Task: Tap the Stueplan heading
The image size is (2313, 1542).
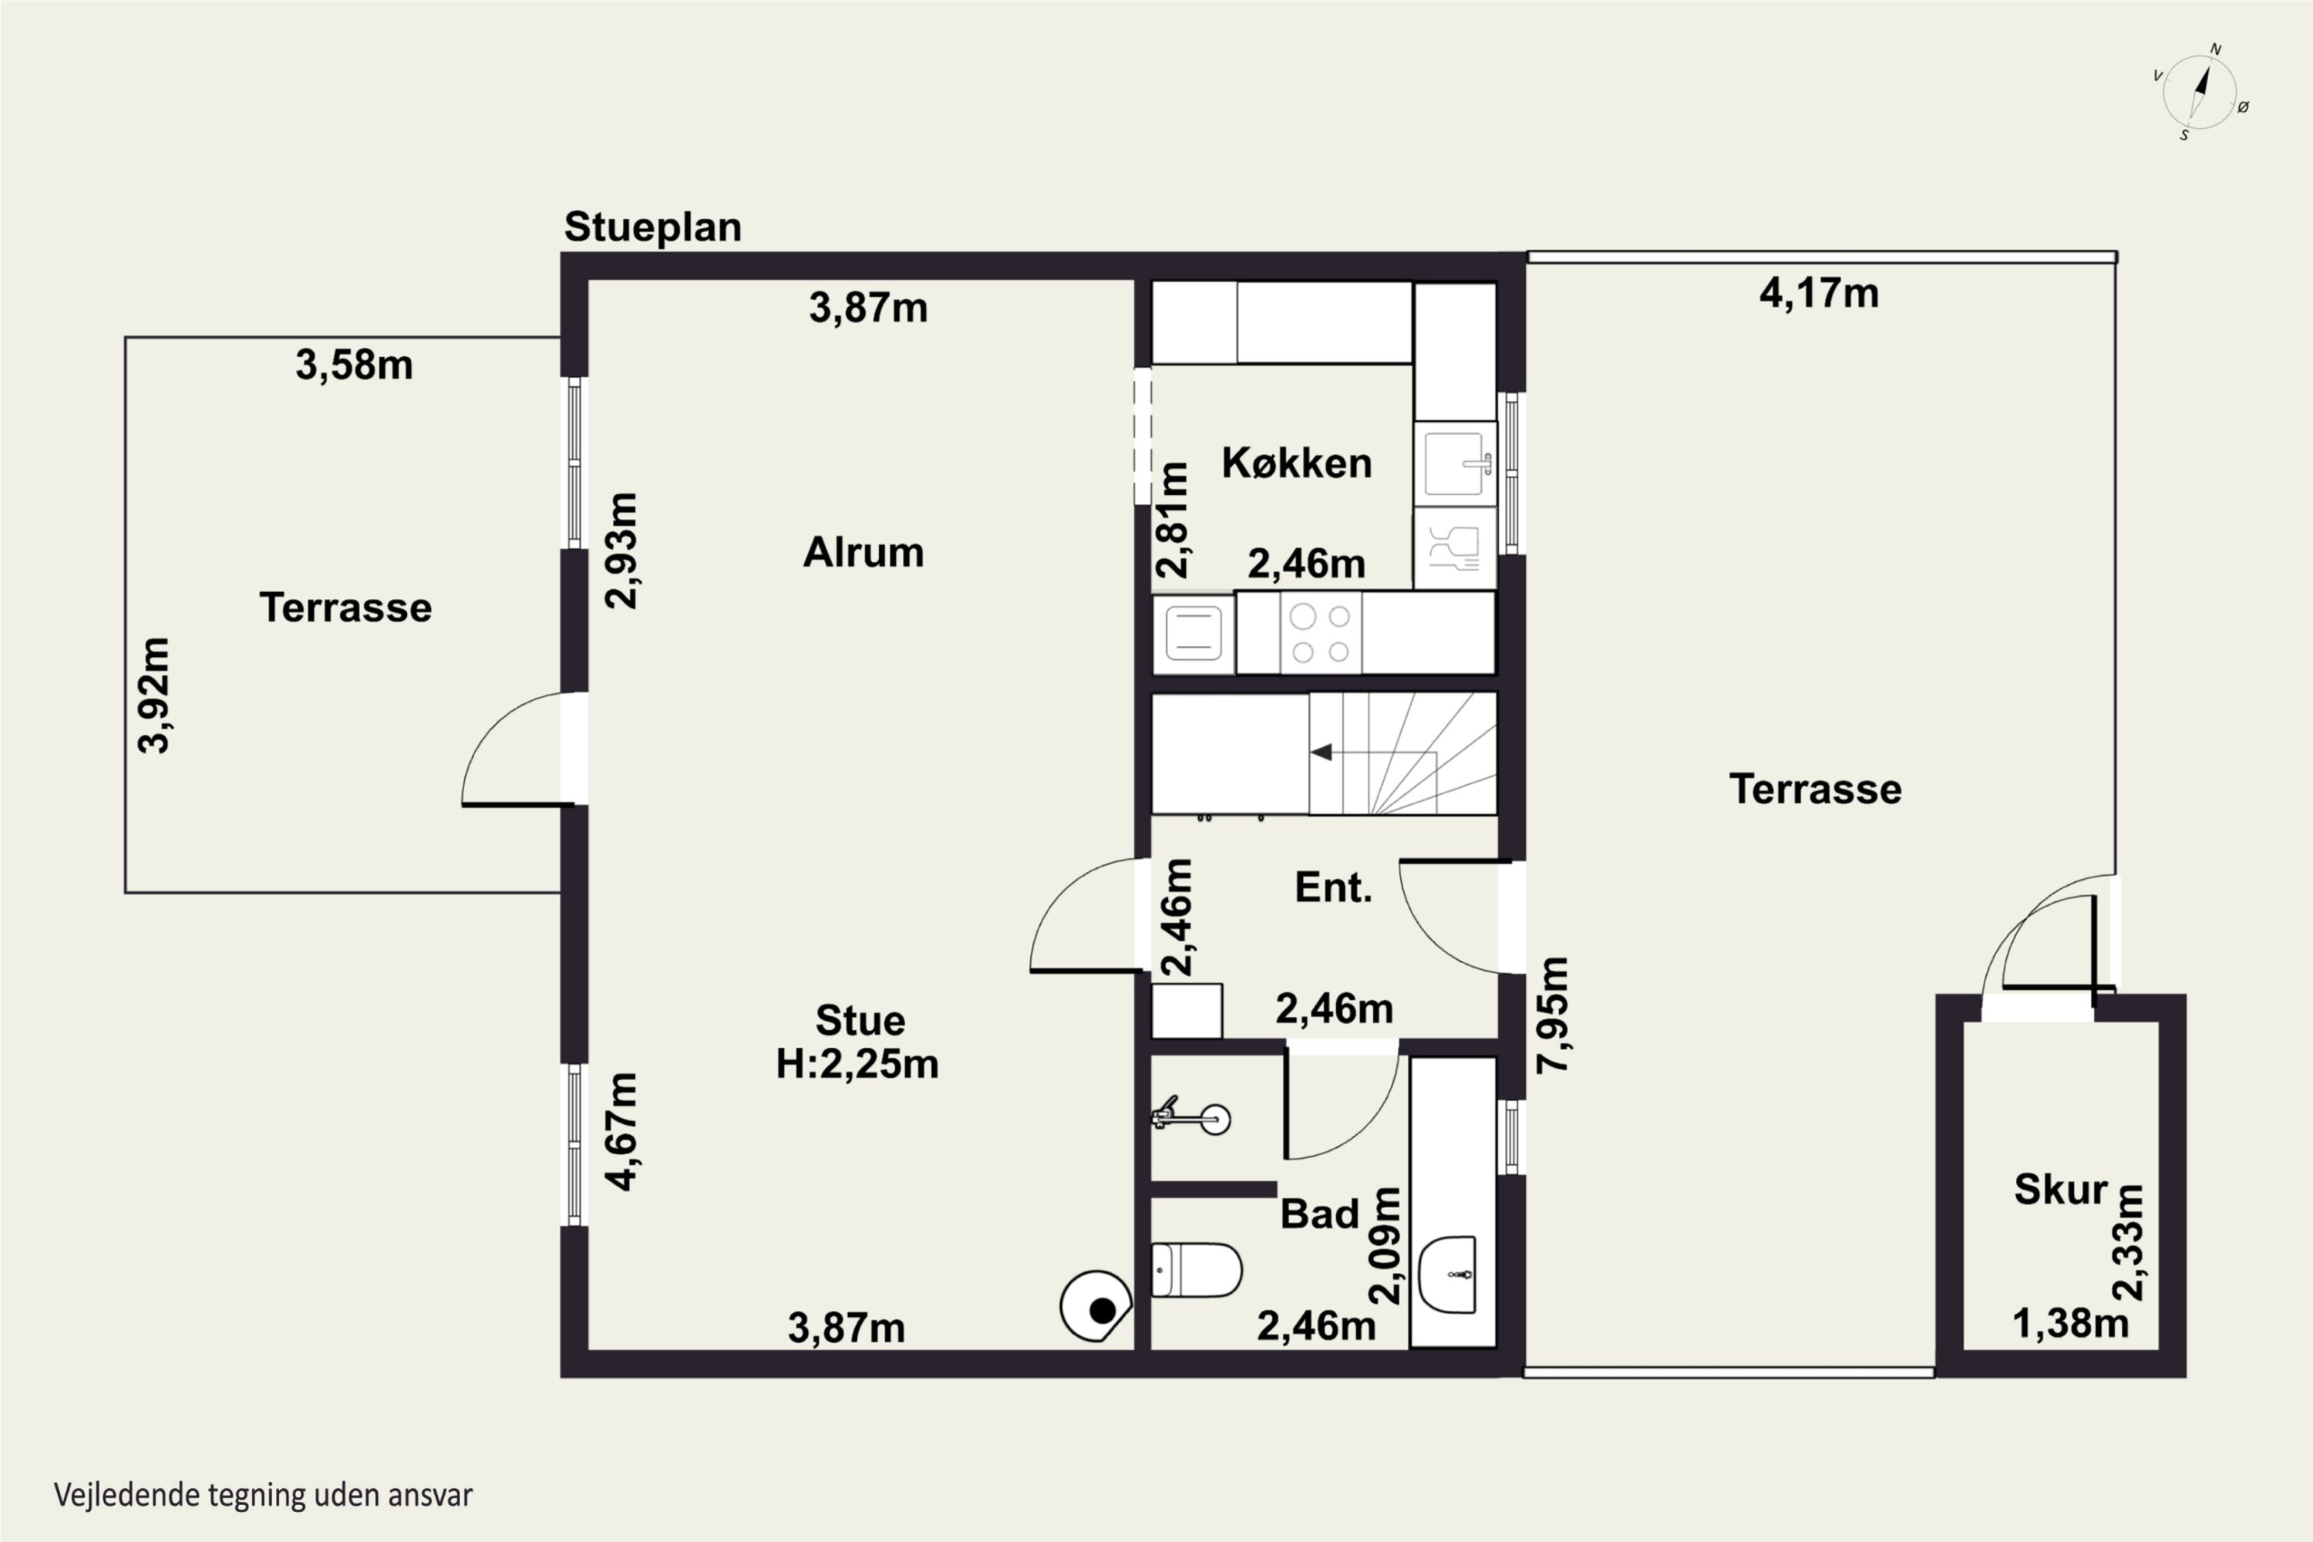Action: coord(653,227)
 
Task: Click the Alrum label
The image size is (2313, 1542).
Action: coord(864,553)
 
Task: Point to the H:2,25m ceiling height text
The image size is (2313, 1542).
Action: coord(857,1064)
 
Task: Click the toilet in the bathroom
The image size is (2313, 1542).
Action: coord(1196,1270)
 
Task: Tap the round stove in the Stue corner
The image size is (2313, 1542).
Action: coord(1096,1306)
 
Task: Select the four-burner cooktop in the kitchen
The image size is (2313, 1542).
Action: coord(1321,632)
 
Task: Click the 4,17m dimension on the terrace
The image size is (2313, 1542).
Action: coord(1820,293)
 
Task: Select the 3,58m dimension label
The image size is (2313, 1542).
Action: coord(354,365)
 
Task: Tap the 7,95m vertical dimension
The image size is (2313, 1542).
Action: coord(1553,1014)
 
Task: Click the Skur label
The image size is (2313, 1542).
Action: coord(2060,1190)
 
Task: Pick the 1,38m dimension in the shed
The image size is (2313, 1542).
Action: coord(2070,1324)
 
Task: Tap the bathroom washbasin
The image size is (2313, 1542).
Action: coord(1449,1274)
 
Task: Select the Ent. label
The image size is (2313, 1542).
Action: coord(1332,888)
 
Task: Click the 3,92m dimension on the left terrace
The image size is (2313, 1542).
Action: coord(153,695)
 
